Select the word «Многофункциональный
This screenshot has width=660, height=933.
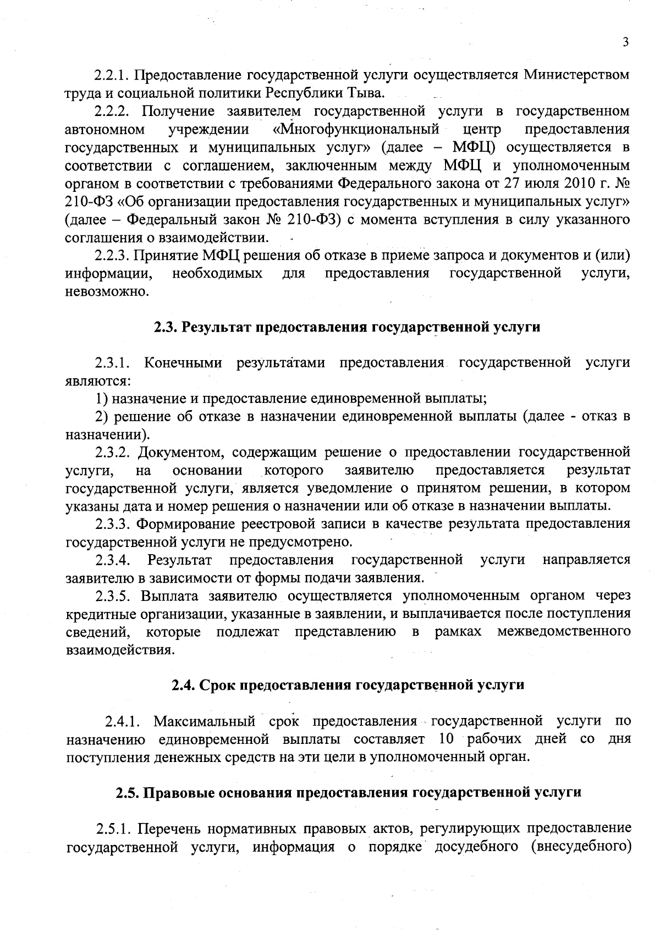point(356,129)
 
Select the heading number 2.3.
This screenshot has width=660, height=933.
point(164,327)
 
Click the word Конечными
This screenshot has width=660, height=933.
point(183,363)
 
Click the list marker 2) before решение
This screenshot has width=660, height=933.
point(101,417)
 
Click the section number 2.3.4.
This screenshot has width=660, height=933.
point(112,560)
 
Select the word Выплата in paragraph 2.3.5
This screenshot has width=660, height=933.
point(166,595)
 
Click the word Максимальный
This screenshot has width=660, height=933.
point(205,721)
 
